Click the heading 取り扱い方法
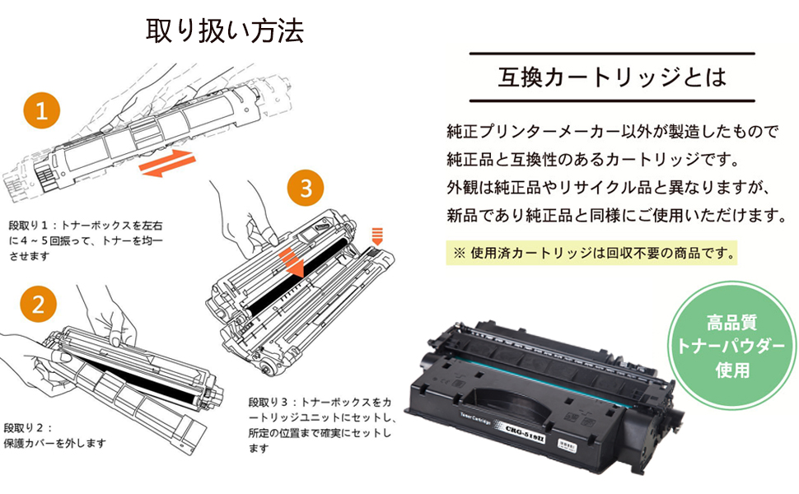(x=224, y=30)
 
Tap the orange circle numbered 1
(x=41, y=111)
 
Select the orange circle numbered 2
(x=37, y=305)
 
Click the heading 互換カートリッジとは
(x=612, y=78)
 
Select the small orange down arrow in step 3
(x=378, y=236)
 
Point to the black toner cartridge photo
(x=540, y=387)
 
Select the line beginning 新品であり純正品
(x=614, y=216)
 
